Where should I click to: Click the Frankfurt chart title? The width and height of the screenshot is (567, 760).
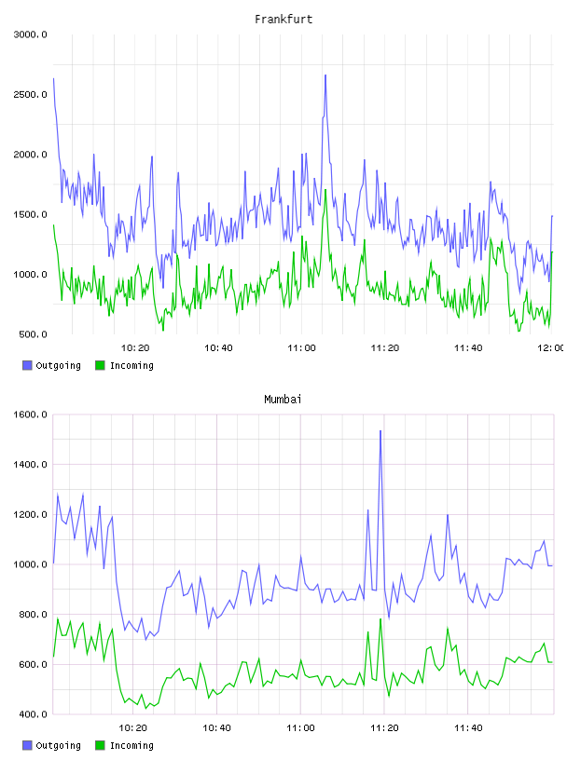283,20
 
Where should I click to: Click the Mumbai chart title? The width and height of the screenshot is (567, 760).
283,400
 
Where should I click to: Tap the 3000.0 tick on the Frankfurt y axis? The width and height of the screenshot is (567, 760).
31,34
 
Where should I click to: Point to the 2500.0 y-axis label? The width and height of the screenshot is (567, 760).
31,94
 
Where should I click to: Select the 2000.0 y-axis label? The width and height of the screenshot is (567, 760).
31,155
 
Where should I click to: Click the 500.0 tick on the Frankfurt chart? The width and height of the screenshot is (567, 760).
33,334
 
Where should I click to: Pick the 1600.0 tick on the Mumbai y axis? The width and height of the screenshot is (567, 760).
31,414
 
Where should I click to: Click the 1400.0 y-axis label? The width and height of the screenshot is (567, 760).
31,465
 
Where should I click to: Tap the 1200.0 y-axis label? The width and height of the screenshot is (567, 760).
31,514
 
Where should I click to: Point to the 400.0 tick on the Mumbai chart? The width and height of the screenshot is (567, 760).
33,714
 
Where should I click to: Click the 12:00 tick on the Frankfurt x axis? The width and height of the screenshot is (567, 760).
551,348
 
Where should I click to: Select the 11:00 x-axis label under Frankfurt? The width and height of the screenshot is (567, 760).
301,348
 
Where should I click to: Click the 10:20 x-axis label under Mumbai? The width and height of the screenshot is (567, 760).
133,728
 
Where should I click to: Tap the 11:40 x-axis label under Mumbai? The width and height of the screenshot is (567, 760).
468,728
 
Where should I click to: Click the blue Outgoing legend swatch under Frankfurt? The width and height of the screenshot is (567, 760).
27,365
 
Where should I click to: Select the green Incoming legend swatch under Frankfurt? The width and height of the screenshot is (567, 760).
100,365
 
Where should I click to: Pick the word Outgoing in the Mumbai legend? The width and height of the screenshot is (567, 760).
58,745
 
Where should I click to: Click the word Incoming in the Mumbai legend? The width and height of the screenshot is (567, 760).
131,745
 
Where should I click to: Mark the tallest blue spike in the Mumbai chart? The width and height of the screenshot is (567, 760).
380,431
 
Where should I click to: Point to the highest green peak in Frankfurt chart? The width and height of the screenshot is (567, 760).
325,191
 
